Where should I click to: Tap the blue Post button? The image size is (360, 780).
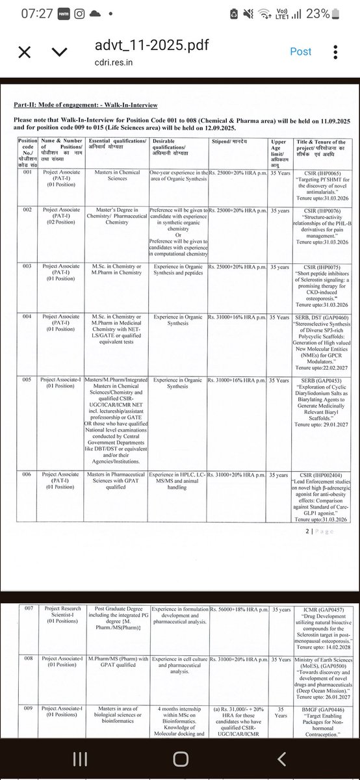[x=301, y=51]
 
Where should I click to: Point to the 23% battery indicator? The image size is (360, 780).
[x=329, y=14]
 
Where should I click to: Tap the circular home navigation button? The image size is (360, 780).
[x=180, y=759]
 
